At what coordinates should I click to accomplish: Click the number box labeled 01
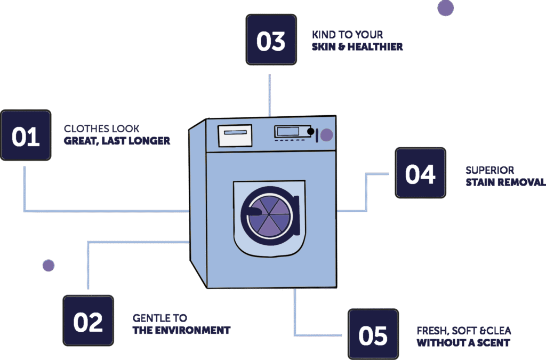pyautogui.click(x=26, y=136)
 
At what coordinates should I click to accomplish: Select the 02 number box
pyautogui.click(x=88, y=322)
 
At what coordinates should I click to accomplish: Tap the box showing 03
pyautogui.click(x=271, y=41)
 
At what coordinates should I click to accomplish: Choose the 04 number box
pyautogui.click(x=420, y=173)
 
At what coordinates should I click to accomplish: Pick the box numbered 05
pyautogui.click(x=373, y=335)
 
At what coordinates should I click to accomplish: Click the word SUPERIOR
pyautogui.click(x=489, y=170)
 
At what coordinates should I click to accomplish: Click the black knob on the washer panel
pyautogui.click(x=311, y=131)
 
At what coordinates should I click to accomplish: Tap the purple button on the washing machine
pyautogui.click(x=326, y=134)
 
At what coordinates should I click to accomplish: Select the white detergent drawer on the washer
pyautogui.click(x=235, y=135)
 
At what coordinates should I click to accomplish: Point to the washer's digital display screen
pyautogui.click(x=288, y=131)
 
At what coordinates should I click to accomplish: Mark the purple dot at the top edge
pyautogui.click(x=445, y=8)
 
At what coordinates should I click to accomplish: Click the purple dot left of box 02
pyautogui.click(x=49, y=265)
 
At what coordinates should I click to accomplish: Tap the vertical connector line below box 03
pyautogui.click(x=270, y=95)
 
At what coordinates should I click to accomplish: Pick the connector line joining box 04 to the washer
pyautogui.click(x=366, y=192)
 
